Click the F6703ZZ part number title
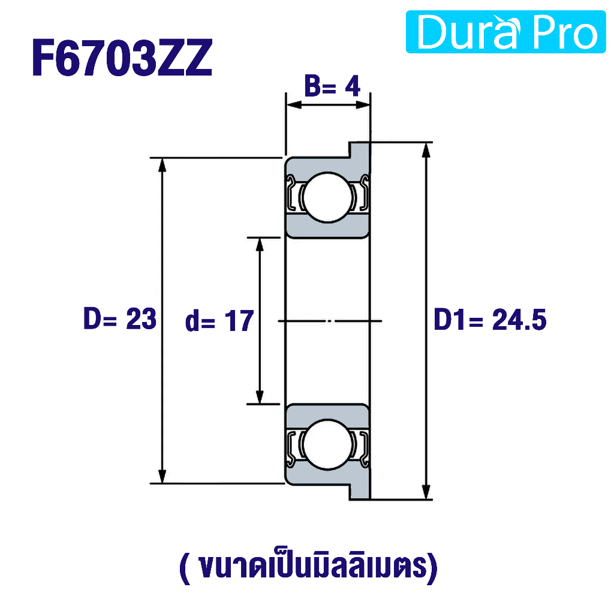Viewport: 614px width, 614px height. (122, 58)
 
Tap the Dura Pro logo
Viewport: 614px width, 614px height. (505, 32)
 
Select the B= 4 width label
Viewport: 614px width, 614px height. (332, 86)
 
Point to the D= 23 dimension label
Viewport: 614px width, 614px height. (120, 318)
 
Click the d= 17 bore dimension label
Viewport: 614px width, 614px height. (219, 321)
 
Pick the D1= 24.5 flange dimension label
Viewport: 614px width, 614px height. (490, 320)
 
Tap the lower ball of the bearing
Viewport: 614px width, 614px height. (328, 444)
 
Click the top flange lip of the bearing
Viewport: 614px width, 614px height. (359, 150)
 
